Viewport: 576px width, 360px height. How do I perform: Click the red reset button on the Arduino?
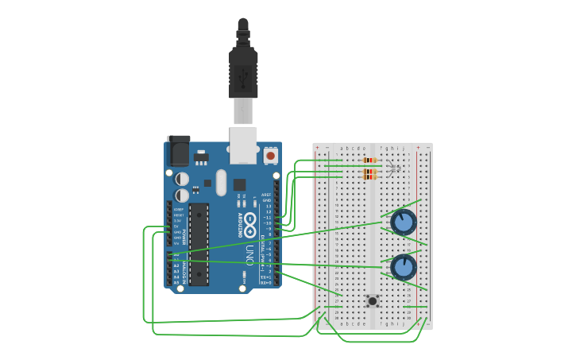(271, 157)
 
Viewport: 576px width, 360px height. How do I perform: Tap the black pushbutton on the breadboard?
(372, 300)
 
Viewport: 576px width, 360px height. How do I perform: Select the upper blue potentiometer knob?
(404, 222)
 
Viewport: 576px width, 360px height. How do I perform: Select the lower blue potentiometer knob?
(404, 266)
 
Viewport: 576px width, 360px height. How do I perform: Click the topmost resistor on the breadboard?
(369, 161)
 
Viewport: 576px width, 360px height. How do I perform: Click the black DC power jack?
(179, 150)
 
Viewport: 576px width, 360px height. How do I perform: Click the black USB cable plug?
(243, 72)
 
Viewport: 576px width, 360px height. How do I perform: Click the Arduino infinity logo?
(249, 220)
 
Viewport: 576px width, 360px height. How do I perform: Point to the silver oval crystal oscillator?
(221, 182)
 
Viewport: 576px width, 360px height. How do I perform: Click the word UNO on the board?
(249, 255)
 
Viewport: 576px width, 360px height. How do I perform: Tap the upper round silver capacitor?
(182, 179)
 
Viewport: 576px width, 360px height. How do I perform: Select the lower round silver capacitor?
(182, 195)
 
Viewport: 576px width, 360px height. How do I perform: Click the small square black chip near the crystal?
(239, 184)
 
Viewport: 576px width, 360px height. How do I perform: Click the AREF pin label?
(267, 195)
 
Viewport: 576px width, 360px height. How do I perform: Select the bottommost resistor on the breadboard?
(369, 177)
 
